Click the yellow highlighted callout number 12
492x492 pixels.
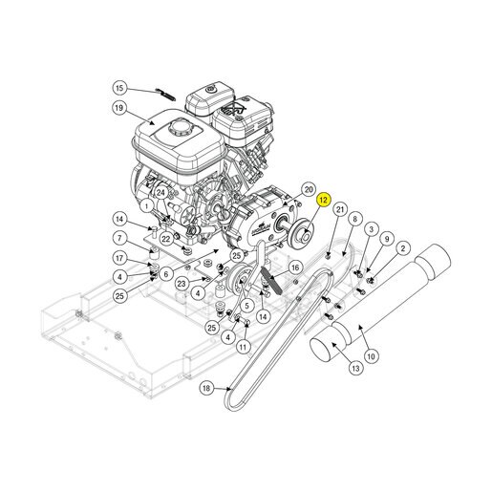click(x=323, y=200)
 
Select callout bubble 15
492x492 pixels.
click(x=119, y=88)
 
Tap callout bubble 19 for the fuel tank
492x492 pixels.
click(x=118, y=108)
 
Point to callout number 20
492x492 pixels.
click(x=309, y=189)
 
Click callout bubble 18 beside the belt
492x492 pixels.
click(x=206, y=388)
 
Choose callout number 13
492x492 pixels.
click(x=355, y=368)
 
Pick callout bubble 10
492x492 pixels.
click(x=372, y=356)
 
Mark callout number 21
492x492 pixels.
click(x=340, y=209)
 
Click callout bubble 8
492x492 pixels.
click(x=355, y=219)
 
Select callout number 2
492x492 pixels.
click(x=403, y=248)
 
